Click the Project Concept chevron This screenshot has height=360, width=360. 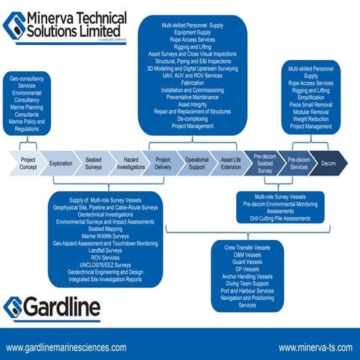pos(28,163)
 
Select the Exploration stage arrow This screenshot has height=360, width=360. pos(61,163)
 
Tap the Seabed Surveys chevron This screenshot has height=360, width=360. pos(94,163)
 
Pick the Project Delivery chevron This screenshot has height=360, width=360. pos(163,163)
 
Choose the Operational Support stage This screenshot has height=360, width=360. pos(196,163)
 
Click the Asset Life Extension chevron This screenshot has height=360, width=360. pos(231,163)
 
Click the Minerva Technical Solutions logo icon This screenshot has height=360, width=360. pos(14,25)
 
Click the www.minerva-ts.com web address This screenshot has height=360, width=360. pos(313,348)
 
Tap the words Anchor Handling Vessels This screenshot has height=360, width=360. pos(247,277)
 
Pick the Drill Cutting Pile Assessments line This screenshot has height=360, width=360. pos(280,218)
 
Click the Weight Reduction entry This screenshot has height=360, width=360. pos(310,119)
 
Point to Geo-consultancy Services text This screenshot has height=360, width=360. pos(27,82)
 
